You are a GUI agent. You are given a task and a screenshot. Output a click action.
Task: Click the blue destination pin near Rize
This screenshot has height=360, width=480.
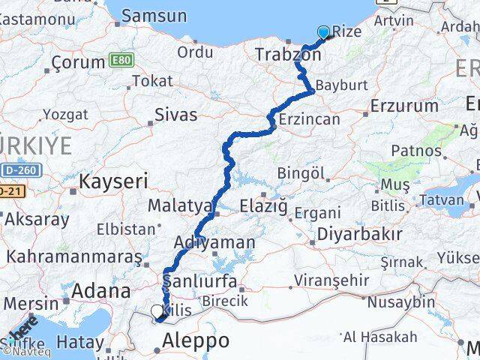coord(323,32)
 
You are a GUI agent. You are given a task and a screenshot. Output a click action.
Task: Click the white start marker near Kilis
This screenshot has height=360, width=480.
coord(157,311)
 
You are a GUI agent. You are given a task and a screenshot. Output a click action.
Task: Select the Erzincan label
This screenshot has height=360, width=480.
coord(309,119)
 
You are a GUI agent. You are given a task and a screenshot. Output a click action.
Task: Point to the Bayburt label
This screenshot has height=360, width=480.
coord(342,85)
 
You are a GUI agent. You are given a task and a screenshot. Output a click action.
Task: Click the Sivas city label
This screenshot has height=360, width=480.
coord(175,115)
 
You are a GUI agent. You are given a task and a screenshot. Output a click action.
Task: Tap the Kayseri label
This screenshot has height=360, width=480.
coord(113,181)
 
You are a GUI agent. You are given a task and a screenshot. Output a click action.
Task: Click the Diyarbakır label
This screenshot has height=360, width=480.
coord(359,234)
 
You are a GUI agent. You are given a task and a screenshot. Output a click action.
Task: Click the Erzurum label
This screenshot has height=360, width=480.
coord(404,106)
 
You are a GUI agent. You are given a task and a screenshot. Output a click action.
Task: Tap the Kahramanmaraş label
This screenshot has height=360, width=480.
coord(74,256)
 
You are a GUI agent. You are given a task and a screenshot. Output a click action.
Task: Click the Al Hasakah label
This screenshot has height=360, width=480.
coord(378,337)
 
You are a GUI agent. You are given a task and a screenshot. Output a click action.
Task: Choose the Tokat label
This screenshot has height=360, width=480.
coord(147,81)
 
